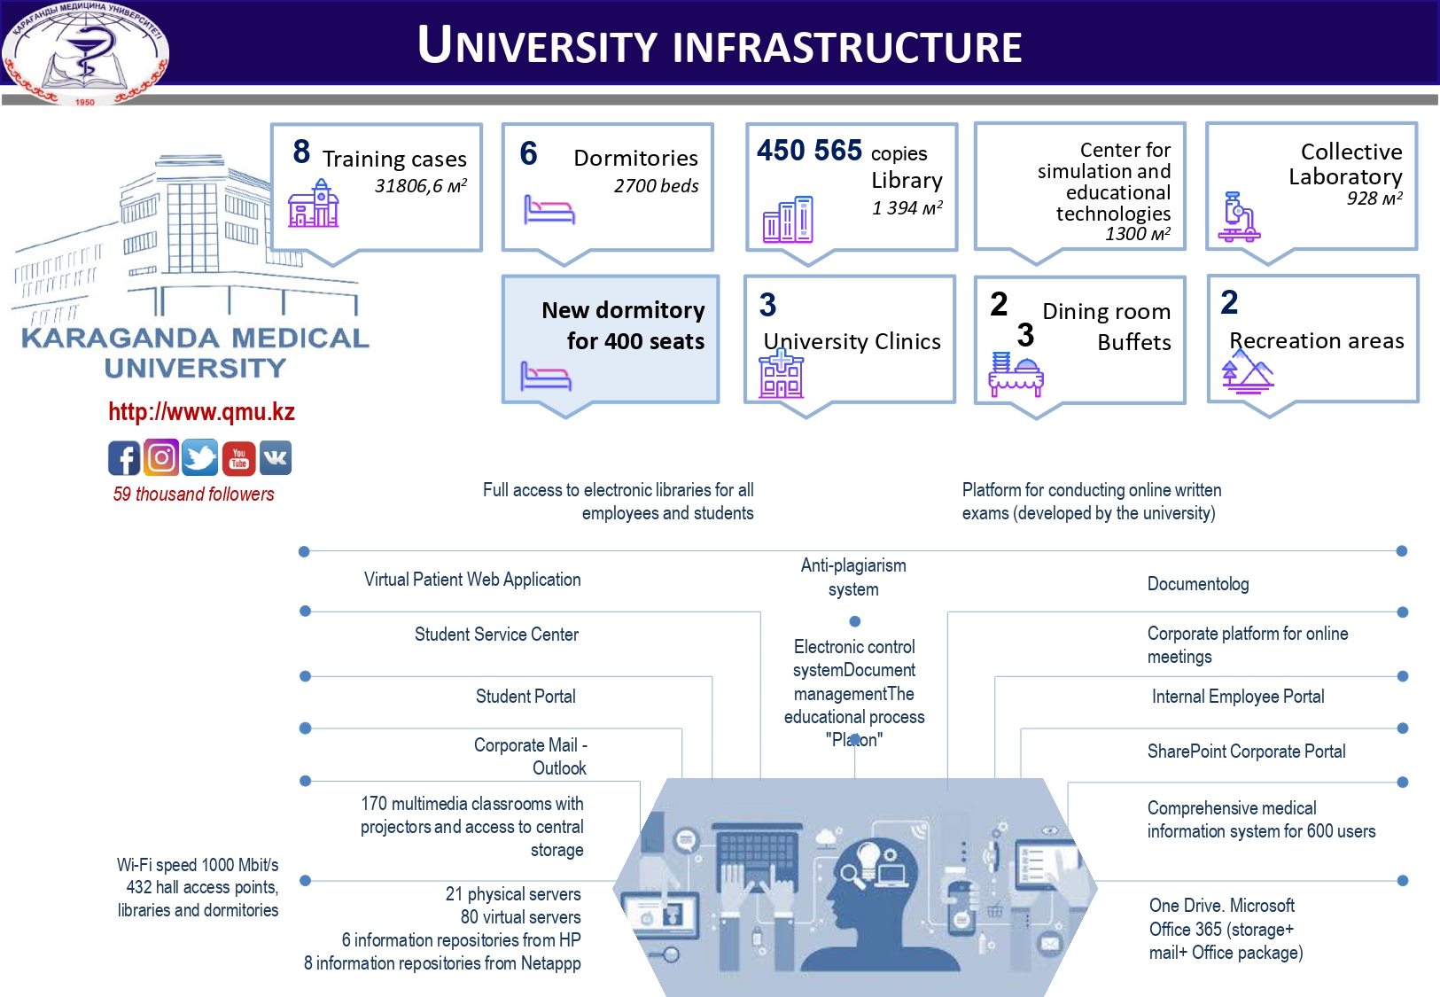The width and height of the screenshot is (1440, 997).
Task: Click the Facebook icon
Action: click(x=124, y=458)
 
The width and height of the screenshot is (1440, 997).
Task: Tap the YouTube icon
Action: click(x=238, y=458)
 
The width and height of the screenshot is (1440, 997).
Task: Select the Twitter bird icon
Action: click(x=200, y=458)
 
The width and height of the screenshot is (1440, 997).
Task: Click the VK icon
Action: click(x=276, y=458)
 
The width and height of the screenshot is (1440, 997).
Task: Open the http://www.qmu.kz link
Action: click(x=201, y=412)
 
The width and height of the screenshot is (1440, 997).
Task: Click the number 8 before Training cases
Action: click(x=301, y=152)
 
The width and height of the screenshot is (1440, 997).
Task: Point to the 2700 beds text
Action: click(x=656, y=186)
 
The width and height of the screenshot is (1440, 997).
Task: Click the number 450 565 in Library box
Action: click(x=809, y=151)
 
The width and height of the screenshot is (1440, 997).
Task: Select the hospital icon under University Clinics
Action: click(x=781, y=374)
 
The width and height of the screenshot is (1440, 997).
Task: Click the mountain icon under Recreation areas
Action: click(x=1247, y=372)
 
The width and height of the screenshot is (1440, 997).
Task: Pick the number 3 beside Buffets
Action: click(x=1025, y=335)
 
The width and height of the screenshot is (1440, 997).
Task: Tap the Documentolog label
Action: click(x=1197, y=584)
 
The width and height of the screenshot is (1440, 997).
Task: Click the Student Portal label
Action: click(x=525, y=697)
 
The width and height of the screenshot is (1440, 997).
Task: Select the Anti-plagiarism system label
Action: click(x=853, y=577)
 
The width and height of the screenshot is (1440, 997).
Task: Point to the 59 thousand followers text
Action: click(x=193, y=495)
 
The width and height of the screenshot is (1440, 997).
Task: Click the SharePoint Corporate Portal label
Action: click(x=1246, y=752)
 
